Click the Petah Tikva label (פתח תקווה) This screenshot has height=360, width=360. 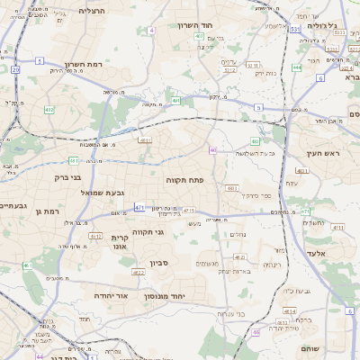click(x=184, y=181)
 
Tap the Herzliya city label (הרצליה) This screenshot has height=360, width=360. click(x=92, y=11)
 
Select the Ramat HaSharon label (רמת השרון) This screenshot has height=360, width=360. click(x=86, y=65)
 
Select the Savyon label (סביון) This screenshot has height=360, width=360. click(x=158, y=264)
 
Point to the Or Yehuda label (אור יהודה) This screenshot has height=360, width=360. click(x=112, y=295)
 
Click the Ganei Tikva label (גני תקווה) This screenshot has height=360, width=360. click(x=147, y=232)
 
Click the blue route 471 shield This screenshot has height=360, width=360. click(x=139, y=208)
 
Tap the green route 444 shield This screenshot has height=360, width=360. click(x=297, y=67)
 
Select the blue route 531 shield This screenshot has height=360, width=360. click(x=295, y=29)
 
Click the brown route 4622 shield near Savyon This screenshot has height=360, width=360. click(x=138, y=272)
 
